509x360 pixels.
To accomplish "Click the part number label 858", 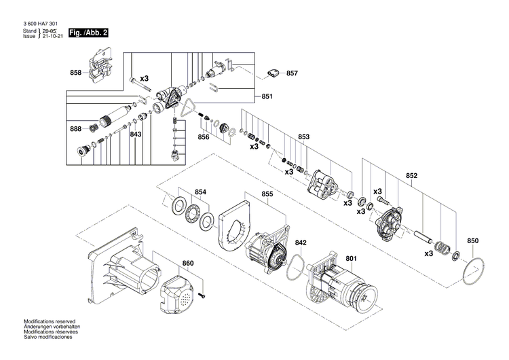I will click(75, 73).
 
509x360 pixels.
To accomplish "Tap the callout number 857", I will click(291, 73).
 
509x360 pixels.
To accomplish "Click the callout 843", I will click(136, 134).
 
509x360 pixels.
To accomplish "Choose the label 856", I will click(204, 137).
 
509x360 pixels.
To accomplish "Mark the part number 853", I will click(303, 137).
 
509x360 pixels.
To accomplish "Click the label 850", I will click(473, 240).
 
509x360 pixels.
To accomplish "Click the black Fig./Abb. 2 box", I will click(89, 32).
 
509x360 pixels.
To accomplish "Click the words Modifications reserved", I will click(50, 321).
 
